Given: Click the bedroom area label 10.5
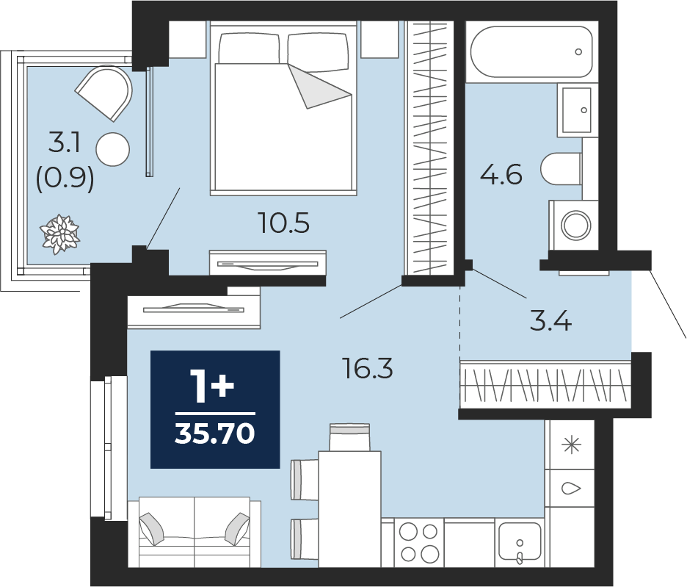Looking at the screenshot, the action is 284,223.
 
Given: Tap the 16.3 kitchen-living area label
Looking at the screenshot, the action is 368,368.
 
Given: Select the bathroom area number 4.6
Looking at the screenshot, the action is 501,174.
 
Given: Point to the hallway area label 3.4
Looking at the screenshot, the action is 550,320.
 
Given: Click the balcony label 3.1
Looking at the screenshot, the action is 65,143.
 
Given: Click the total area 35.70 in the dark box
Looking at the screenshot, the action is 214,434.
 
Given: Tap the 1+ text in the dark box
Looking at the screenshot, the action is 212,386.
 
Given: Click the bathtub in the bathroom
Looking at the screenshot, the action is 531,51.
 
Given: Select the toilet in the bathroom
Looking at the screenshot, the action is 561,169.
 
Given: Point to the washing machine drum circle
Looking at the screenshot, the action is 576,225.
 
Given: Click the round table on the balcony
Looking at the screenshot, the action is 113,149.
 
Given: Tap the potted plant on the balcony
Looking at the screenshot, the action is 60,234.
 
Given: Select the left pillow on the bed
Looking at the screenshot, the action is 249,48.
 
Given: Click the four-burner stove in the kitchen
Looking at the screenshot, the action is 419,542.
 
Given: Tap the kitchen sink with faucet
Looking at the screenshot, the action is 520,541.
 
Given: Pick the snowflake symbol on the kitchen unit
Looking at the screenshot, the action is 572,446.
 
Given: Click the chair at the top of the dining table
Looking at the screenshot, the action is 349,437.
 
